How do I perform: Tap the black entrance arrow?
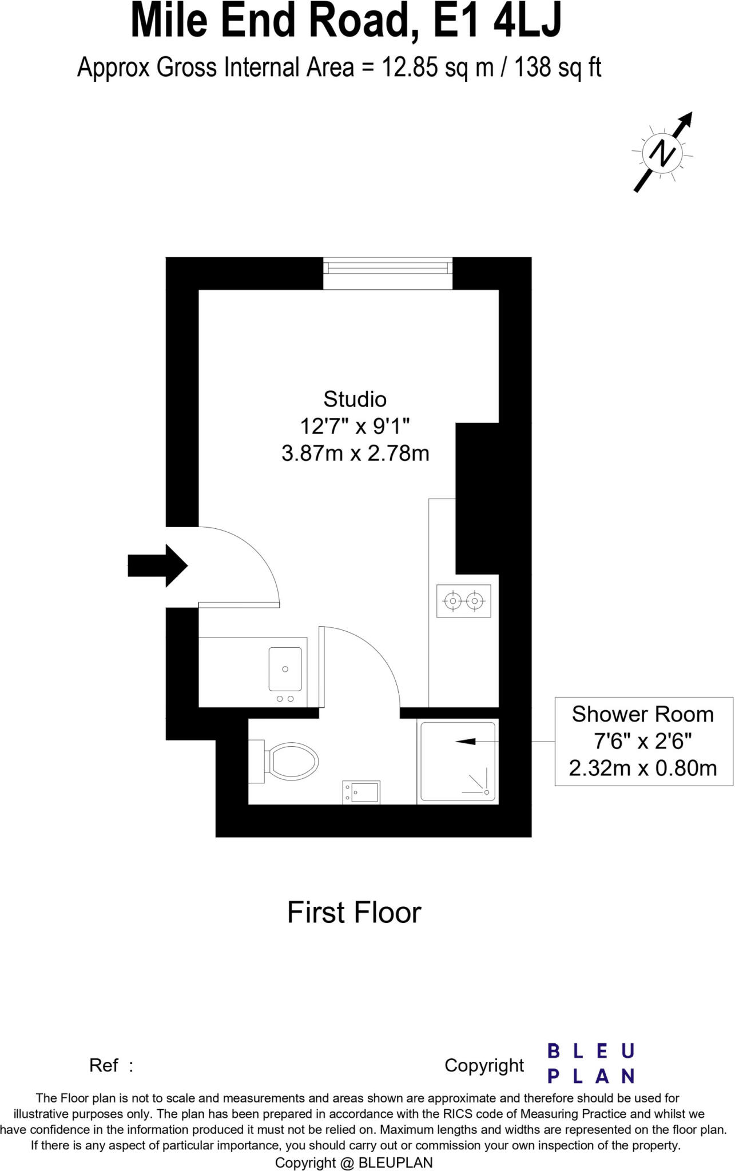[x=158, y=565]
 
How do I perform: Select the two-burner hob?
[x=463, y=601]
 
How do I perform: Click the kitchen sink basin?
[x=285, y=668]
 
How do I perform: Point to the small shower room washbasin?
[x=361, y=792]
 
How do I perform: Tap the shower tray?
[x=458, y=762]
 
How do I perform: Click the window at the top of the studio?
[x=388, y=274]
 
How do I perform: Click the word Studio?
[x=355, y=399]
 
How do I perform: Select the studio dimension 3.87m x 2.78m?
[x=355, y=453]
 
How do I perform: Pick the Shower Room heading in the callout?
[x=643, y=714]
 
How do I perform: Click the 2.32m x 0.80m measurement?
[x=643, y=768]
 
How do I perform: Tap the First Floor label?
[x=354, y=913]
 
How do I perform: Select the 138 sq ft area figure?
[x=558, y=68]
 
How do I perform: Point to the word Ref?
[x=104, y=1065]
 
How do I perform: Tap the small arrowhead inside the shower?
[x=465, y=742]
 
